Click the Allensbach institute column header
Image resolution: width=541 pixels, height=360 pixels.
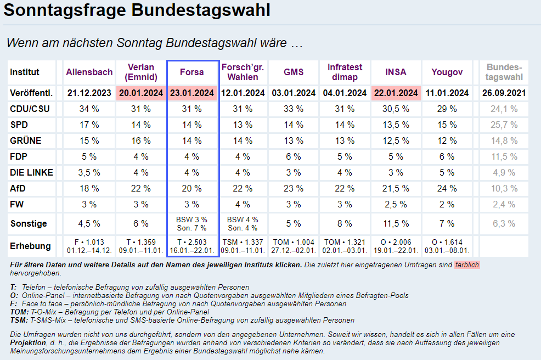(x=89, y=72)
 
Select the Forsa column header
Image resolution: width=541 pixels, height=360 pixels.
(x=192, y=72)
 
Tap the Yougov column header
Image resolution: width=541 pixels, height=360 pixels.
(x=447, y=72)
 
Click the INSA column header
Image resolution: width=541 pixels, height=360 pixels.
(x=396, y=72)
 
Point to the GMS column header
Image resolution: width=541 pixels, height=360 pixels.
(x=294, y=72)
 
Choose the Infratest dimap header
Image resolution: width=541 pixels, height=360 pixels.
(x=345, y=72)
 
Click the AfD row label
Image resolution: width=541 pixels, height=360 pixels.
(x=18, y=188)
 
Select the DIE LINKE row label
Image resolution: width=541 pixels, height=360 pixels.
(x=31, y=172)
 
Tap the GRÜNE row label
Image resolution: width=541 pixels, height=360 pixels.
(x=26, y=140)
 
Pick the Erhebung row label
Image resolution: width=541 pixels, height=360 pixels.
(x=30, y=246)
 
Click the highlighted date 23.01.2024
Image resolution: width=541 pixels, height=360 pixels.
(x=192, y=93)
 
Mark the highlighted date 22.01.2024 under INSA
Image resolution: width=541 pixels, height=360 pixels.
(x=396, y=93)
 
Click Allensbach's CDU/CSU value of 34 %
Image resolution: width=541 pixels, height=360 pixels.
(x=89, y=109)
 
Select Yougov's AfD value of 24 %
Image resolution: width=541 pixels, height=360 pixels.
(x=447, y=188)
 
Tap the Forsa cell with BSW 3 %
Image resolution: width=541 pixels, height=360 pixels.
(x=192, y=220)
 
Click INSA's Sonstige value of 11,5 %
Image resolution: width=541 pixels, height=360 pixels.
(x=396, y=223)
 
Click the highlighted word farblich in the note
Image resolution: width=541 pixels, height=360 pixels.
(x=466, y=265)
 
